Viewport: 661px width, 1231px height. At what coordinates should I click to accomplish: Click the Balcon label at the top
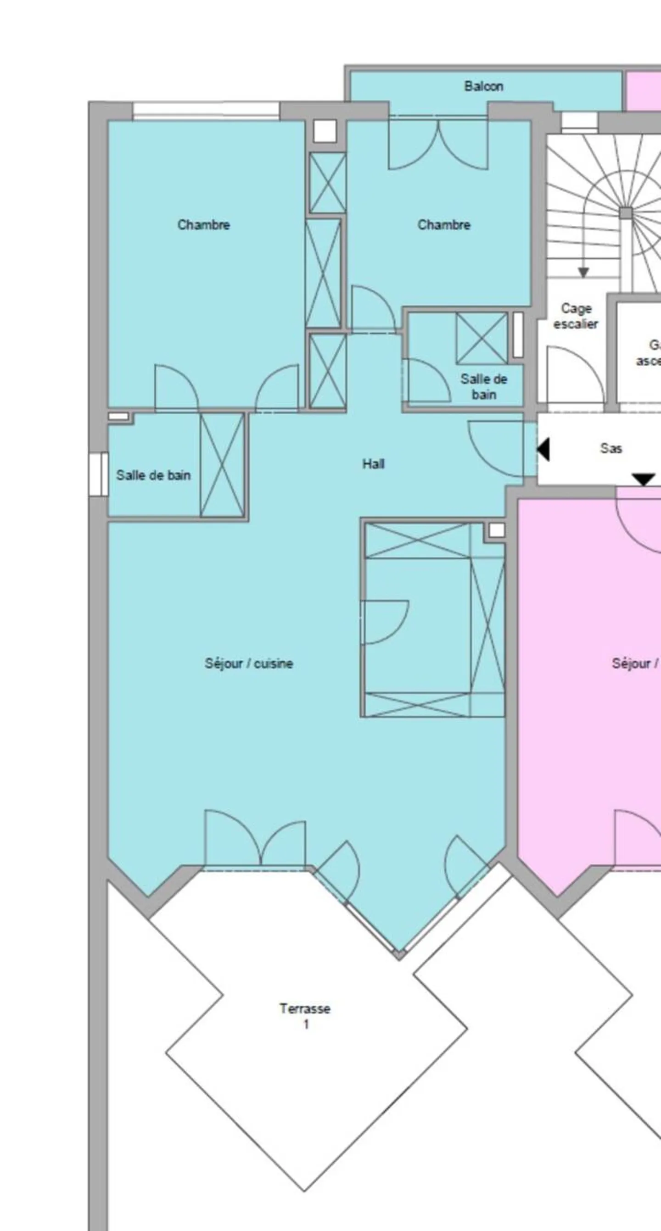click(483, 87)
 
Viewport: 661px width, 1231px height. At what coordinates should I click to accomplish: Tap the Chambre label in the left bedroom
click(204, 225)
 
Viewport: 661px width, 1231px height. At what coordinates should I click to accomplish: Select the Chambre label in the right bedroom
click(443, 225)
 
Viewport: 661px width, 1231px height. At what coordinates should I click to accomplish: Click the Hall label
click(373, 463)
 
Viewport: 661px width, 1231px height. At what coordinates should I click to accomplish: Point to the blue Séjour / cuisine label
click(248, 663)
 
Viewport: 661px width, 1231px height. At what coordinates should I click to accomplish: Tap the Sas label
click(611, 448)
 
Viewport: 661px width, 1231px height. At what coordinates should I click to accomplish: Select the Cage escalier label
click(576, 316)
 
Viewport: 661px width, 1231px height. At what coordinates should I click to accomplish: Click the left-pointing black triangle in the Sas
click(543, 449)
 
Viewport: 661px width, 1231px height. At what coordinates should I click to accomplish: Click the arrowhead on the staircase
click(583, 273)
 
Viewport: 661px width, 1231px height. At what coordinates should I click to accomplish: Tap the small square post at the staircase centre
click(626, 213)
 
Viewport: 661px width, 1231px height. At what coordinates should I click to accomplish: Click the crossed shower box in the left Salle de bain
click(222, 465)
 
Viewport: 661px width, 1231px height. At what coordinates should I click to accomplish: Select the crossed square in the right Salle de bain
click(482, 338)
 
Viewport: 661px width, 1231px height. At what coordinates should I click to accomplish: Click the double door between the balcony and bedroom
click(438, 143)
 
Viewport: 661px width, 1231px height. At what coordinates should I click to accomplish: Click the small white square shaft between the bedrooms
click(325, 131)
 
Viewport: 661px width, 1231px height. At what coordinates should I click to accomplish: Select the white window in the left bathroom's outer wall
click(98, 474)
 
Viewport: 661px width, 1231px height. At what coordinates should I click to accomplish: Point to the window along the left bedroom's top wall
click(206, 111)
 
